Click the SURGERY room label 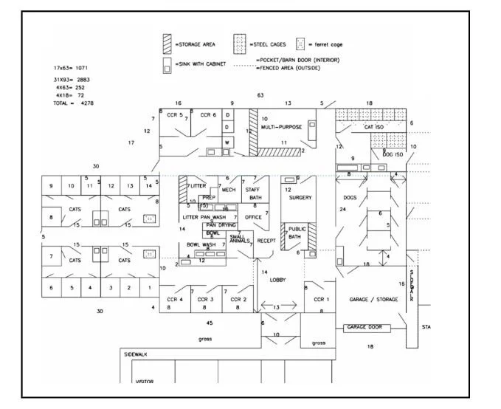(x=300, y=198)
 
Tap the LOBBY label (x=277, y=280)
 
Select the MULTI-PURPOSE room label (x=280, y=127)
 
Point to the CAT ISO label (x=375, y=127)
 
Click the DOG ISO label (x=393, y=154)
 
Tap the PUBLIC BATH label (x=297, y=233)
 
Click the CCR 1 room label (x=321, y=299)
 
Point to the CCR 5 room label (x=174, y=114)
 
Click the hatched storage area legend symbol (x=167, y=44)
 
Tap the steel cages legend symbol (x=240, y=44)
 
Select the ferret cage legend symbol (x=300, y=44)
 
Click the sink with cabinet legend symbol (x=167, y=66)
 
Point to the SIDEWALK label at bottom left (x=136, y=354)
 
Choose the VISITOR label (x=144, y=382)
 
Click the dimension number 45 (x=210, y=323)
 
